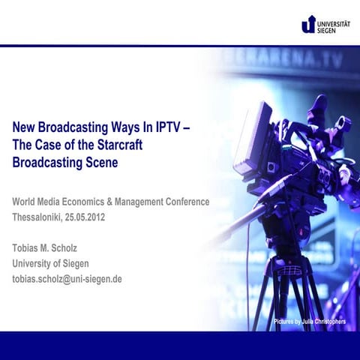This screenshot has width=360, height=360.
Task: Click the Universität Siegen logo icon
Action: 308,25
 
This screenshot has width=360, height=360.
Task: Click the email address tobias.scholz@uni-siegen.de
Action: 67,279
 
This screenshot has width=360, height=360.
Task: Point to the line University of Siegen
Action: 50,263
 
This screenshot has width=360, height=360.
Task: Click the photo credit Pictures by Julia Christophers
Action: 309,322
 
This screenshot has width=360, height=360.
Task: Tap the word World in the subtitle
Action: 26,202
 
